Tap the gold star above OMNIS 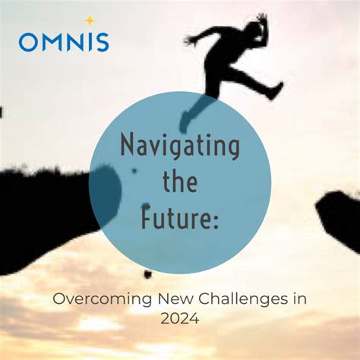pos(90,21)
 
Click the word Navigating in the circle pos(180,144)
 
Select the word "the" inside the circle pos(179,183)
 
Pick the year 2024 pos(179,320)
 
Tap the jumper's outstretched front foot pos(276,90)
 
